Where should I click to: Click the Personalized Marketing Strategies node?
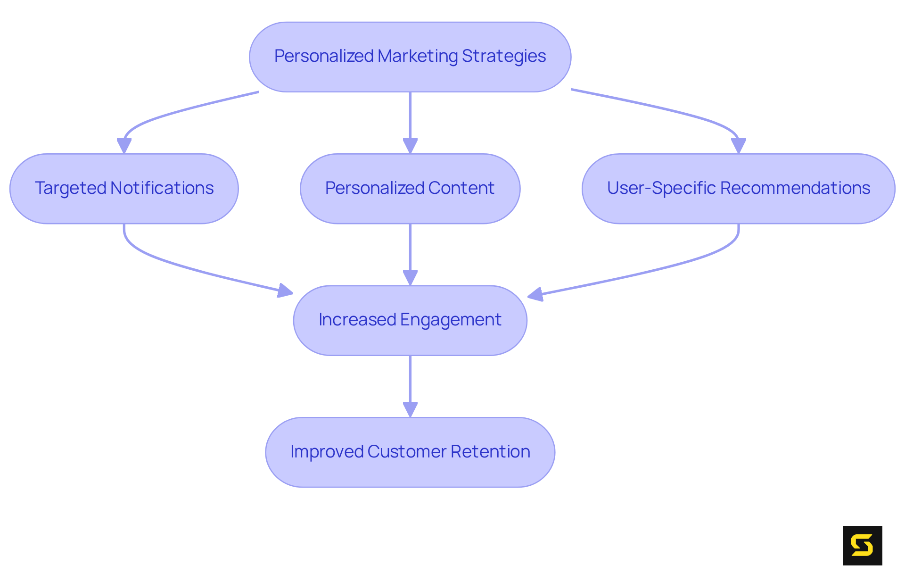[x=410, y=57]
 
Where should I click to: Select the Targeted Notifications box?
[x=124, y=189]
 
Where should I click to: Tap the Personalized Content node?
[x=410, y=189]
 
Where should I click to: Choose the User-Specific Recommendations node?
[x=738, y=189]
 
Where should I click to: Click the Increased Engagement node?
[x=410, y=320]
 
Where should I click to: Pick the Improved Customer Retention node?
[x=410, y=452]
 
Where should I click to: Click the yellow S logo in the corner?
[x=862, y=545]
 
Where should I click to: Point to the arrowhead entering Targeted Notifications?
[x=124, y=146]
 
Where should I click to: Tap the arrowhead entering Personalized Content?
[x=410, y=146]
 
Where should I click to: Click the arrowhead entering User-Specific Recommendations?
[x=738, y=146]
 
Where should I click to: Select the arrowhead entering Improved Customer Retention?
[x=410, y=409]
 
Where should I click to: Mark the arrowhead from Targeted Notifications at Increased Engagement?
[x=285, y=291]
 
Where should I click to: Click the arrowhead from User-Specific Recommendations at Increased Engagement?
[x=535, y=295]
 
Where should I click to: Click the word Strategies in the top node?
[x=503, y=56]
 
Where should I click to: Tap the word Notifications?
[x=162, y=188]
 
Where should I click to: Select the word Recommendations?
[x=795, y=188]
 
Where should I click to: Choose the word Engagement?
[x=451, y=320]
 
